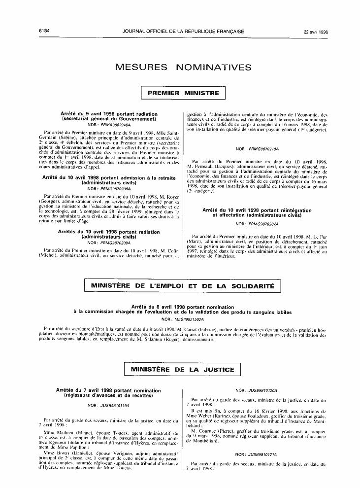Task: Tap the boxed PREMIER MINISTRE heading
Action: [x=183, y=93]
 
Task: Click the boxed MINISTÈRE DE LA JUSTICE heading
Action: [x=183, y=370]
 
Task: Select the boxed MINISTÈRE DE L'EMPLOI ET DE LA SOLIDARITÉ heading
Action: [x=179, y=286]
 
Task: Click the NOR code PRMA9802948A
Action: [x=112, y=125]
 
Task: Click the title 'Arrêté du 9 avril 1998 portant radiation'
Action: [x=109, y=114]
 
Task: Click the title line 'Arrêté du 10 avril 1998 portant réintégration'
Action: [x=257, y=210]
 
